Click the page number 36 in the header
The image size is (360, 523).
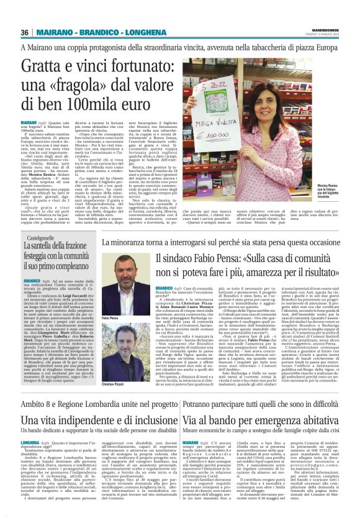point(25,32)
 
